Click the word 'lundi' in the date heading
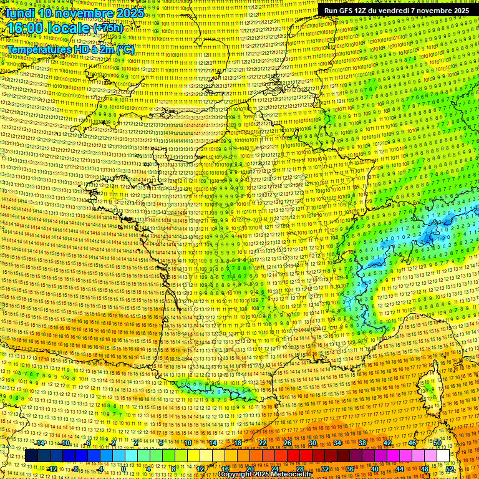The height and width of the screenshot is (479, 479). (x=20, y=12)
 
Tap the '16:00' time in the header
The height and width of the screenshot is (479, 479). (x=25, y=29)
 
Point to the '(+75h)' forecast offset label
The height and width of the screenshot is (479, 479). (x=108, y=29)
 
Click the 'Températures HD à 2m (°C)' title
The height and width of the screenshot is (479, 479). (x=70, y=49)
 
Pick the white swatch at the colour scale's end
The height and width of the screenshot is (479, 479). (x=443, y=456)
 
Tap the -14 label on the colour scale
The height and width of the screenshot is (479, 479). (x=41, y=443)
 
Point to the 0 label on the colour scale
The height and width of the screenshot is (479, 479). (x=123, y=468)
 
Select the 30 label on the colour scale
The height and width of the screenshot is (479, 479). (x=312, y=443)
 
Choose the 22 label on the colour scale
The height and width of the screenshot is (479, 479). (x=263, y=443)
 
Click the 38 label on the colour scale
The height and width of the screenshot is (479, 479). (x=362, y=443)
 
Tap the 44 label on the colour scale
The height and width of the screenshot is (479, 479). (x=400, y=468)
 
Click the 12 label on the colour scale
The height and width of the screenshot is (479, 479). (x=200, y=468)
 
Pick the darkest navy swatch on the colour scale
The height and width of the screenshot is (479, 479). (x=31, y=456)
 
